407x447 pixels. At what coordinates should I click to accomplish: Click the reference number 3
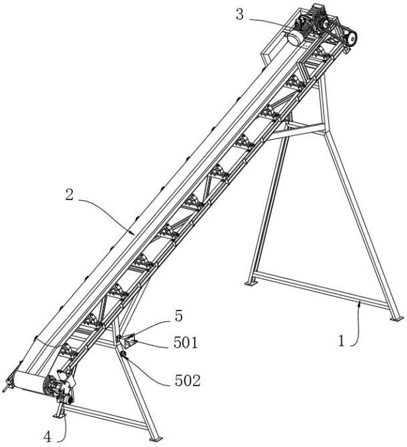click(x=240, y=15)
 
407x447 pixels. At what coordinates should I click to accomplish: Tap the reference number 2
click(x=70, y=195)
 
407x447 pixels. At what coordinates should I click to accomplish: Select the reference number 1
click(x=341, y=341)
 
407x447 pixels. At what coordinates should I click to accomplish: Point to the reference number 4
click(x=48, y=436)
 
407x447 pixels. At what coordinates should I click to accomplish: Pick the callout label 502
click(x=188, y=381)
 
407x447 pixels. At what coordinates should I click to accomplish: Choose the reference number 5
click(x=178, y=316)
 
